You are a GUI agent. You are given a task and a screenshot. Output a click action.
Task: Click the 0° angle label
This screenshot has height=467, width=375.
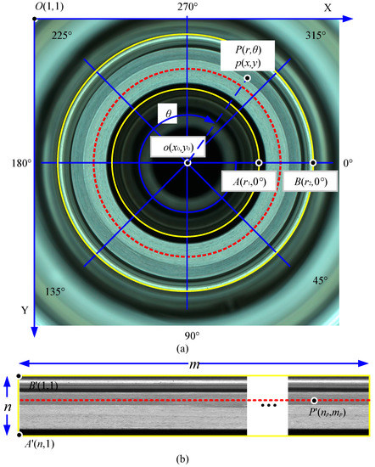click(347, 162)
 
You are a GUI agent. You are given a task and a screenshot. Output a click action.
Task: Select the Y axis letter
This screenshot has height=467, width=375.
click(25, 311)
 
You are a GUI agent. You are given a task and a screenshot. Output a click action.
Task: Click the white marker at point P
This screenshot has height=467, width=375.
click(247, 78)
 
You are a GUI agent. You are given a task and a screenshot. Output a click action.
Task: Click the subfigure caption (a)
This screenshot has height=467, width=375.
click(187, 347)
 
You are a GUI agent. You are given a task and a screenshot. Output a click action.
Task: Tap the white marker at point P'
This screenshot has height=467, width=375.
click(314, 400)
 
